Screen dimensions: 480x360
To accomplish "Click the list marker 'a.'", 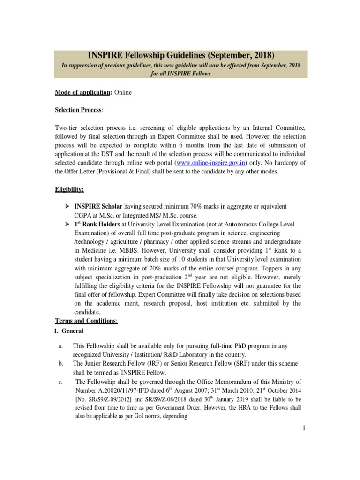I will (60, 346).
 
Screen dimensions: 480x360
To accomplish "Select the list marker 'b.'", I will (60, 363).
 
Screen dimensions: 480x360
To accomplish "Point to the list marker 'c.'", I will (60, 382).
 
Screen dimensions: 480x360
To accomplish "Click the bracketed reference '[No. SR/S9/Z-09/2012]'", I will (106, 399).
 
